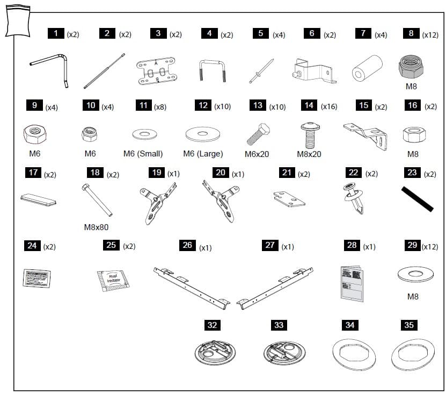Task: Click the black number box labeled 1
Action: [55, 34]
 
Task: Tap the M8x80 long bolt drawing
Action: [97, 200]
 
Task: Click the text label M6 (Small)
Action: [143, 154]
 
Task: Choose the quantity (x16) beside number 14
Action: [328, 106]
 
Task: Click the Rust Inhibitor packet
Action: [113, 281]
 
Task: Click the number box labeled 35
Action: [409, 325]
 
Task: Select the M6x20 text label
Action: [257, 154]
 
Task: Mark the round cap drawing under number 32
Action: [212, 353]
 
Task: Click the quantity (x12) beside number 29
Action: [429, 246]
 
